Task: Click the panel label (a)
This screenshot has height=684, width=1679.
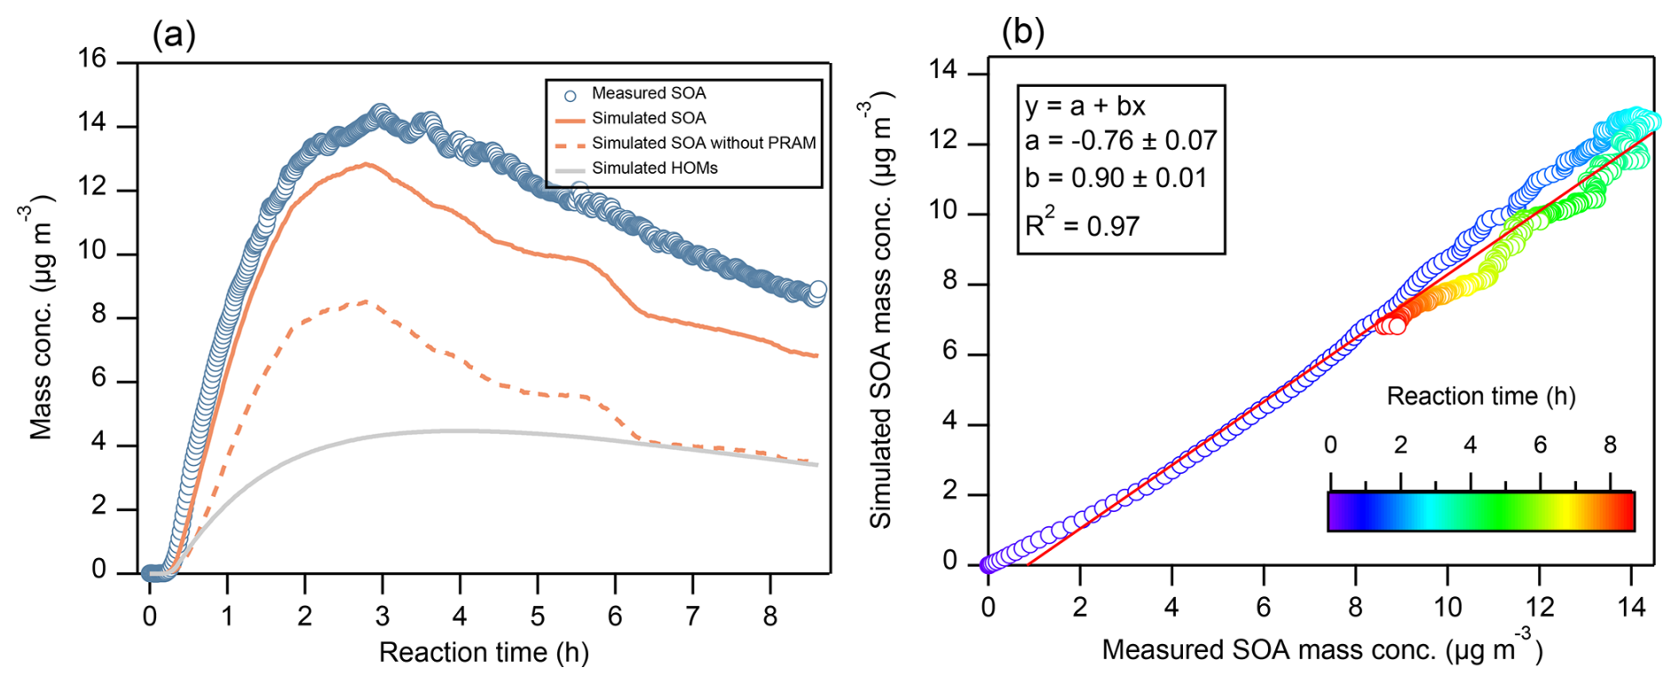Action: pos(174,35)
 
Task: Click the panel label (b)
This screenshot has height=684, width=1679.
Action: pos(1022,33)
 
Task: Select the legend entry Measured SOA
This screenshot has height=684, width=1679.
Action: pos(648,93)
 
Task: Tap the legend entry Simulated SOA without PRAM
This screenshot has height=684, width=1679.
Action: pos(703,143)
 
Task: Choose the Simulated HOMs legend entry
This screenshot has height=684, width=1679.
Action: pos(654,168)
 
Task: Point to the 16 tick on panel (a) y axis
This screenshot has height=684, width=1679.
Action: pos(91,59)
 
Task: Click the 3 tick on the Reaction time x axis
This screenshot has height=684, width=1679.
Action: pos(382,616)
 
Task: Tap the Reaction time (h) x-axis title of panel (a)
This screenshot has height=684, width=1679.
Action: pos(484,652)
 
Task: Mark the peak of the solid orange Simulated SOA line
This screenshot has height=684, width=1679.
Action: pos(365,164)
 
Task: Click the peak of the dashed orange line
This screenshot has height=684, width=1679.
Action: pos(367,302)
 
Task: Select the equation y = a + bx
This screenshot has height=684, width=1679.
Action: pos(1084,106)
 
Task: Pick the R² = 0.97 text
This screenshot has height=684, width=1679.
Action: pos(1082,225)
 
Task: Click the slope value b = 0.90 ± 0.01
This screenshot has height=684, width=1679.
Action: pos(1115,178)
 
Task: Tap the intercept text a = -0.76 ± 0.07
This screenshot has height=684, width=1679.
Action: pos(1120,141)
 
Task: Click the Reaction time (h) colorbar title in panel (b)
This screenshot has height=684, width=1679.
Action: pos(1480,396)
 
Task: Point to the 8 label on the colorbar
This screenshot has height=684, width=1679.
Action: pos(1610,445)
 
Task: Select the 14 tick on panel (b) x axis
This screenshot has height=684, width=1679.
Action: pos(1631,607)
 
